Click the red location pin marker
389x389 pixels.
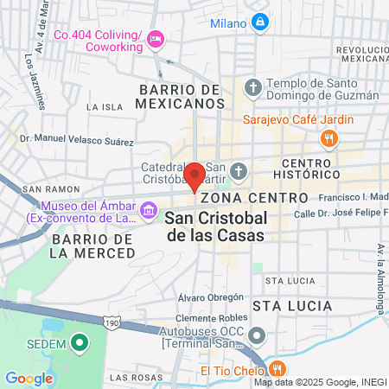click(195, 175)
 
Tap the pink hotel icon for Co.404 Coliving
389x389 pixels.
click(156, 37)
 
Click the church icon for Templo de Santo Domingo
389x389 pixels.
click(252, 86)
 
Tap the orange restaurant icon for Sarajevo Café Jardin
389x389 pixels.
click(328, 138)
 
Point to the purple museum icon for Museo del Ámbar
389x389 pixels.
click(150, 210)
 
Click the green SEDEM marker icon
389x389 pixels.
click(80, 344)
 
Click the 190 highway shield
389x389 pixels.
click(111, 322)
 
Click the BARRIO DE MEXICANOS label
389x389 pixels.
click(176, 96)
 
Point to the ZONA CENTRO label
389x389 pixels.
click(237, 197)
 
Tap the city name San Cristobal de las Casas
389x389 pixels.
click(216, 226)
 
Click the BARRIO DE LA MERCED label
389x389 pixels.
click(92, 245)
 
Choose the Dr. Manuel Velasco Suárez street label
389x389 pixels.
click(77, 140)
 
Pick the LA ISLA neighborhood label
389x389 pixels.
click(105, 106)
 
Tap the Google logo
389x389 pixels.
click(29, 378)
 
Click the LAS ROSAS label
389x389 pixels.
click(132, 378)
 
